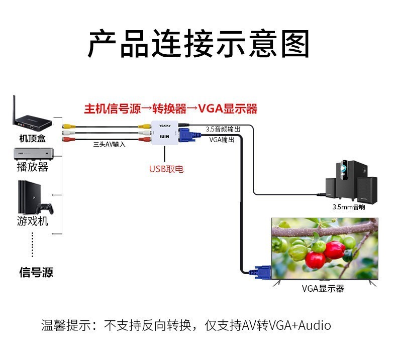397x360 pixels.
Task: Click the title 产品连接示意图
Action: pos(198,44)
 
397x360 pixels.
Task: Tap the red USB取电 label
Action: pos(166,169)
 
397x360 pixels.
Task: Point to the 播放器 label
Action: pos(33,167)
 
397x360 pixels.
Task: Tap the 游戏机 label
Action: pos(33,220)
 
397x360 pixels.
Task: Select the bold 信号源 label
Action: pos(36,273)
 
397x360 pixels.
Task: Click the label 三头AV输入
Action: pos(109,144)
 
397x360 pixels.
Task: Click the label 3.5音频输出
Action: pos(223,129)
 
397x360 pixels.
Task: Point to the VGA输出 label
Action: pos(222,140)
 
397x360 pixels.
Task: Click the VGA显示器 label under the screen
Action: pos(323,289)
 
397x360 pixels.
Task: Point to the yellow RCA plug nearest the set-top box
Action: pos(69,126)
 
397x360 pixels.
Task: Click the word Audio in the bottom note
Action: pos(315,325)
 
